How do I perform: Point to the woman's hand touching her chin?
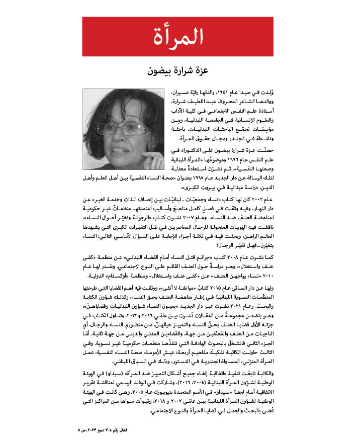click(x=151, y=159)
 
